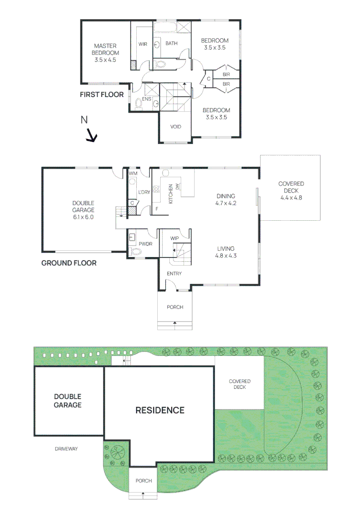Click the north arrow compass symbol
pos(90,137)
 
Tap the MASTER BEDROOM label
pos(105,53)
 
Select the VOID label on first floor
pos(175,128)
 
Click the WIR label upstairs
pos(142,44)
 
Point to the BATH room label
pos(171,43)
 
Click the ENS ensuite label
pos(146,99)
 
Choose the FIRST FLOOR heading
pos(101,95)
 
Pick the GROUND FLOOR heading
pos(69,263)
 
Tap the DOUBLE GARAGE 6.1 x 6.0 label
pos(83,209)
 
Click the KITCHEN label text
pos(170,193)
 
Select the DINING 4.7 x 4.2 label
pos(227,199)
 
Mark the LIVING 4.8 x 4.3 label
pos(226,252)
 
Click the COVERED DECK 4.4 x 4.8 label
pos(291,190)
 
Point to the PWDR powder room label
pos(145,244)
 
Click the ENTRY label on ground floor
pos(174,273)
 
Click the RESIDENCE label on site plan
pos(160,410)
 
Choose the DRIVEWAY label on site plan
pos(66,449)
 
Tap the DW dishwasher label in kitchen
pos(177,186)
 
